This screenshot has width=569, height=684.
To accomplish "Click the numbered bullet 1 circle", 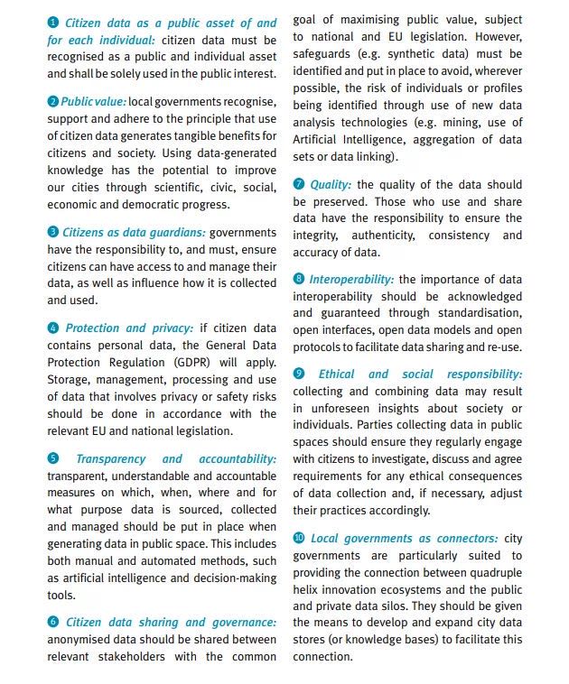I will [x=52, y=23].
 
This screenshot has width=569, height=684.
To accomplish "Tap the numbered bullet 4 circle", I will [x=52, y=328].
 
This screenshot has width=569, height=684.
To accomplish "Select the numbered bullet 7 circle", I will [x=299, y=184].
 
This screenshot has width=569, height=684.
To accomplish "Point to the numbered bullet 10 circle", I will [x=299, y=539].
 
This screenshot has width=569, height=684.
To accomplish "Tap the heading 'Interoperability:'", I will [x=351, y=280].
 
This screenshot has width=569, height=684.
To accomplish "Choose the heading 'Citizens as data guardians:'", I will [x=134, y=233].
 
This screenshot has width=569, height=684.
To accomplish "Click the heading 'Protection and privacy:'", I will [x=129, y=328].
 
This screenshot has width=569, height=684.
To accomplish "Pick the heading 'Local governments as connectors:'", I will [x=404, y=539].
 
